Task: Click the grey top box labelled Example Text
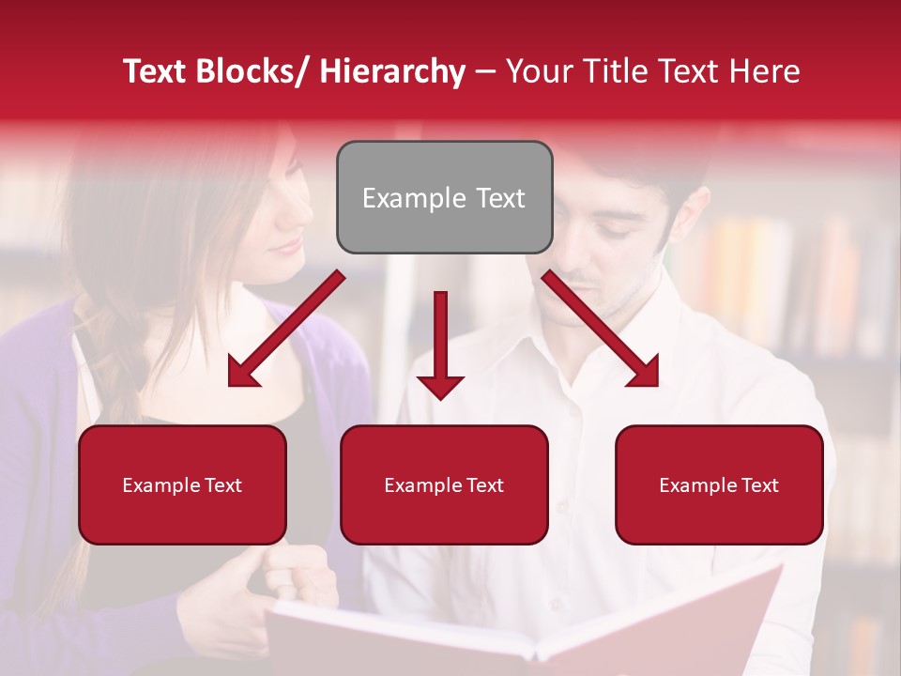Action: click(444, 197)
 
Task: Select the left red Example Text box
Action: click(182, 484)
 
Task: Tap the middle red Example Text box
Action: click(443, 484)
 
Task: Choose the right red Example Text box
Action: click(719, 484)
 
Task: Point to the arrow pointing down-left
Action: click(286, 329)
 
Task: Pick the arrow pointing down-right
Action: click(601, 329)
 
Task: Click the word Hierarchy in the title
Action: click(391, 71)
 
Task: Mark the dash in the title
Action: click(484, 71)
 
